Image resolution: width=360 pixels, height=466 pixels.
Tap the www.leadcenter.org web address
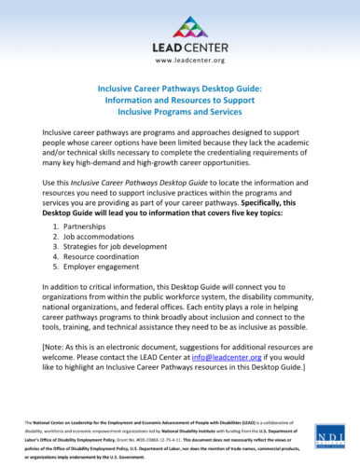pos(180,61)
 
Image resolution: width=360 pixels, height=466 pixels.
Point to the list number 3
pos(59,252)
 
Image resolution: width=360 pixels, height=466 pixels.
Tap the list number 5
pos(59,278)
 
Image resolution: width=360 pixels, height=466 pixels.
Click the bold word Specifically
pos(265,200)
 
